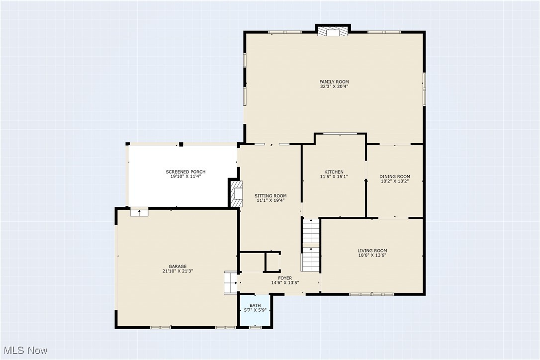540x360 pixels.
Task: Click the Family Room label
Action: click(334, 82)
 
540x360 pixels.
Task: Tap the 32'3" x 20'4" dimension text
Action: click(334, 87)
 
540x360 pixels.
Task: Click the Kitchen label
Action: click(334, 172)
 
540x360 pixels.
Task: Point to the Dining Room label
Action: click(394, 177)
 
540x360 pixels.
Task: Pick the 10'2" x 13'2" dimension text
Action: click(394, 181)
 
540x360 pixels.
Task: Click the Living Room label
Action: click(372, 251)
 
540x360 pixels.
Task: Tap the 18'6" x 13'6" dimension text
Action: click(372, 255)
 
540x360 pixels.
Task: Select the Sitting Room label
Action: click(270, 196)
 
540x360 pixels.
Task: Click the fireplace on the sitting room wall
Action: click(237, 194)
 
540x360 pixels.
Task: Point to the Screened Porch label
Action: click(185, 172)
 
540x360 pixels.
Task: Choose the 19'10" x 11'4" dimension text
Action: click(185, 177)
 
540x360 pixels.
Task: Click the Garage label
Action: click(177, 267)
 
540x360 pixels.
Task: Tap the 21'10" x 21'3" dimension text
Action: click(177, 271)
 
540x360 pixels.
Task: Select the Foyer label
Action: click(285, 278)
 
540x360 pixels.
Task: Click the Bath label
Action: click(255, 305)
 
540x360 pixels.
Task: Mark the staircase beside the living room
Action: click(311, 246)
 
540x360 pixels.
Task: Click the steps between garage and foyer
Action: click(231, 282)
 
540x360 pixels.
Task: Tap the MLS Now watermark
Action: click(24, 351)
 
